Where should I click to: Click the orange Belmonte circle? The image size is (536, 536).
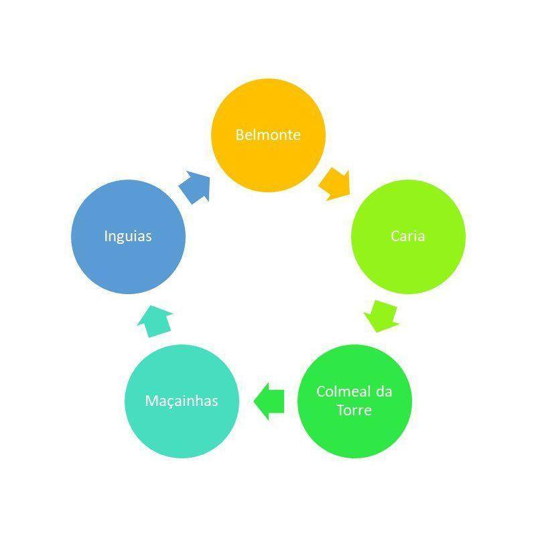269,135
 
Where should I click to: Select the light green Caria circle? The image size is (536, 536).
408,237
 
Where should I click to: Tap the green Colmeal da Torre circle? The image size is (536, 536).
355,401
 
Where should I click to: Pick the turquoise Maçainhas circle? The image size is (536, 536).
182,401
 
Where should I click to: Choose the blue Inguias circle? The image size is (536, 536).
129,237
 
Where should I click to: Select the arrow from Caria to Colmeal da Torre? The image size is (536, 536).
381,316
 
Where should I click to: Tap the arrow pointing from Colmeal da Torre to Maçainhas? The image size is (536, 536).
269,401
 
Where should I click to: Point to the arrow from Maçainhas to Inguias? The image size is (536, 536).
155,322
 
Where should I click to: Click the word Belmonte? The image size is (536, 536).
268,135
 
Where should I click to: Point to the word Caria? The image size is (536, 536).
408,237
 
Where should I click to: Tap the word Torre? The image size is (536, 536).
354,410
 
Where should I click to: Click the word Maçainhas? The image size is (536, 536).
182,401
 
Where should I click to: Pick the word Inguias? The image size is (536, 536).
128,237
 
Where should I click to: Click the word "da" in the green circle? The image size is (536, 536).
384,391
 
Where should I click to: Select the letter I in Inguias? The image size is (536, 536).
106,236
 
